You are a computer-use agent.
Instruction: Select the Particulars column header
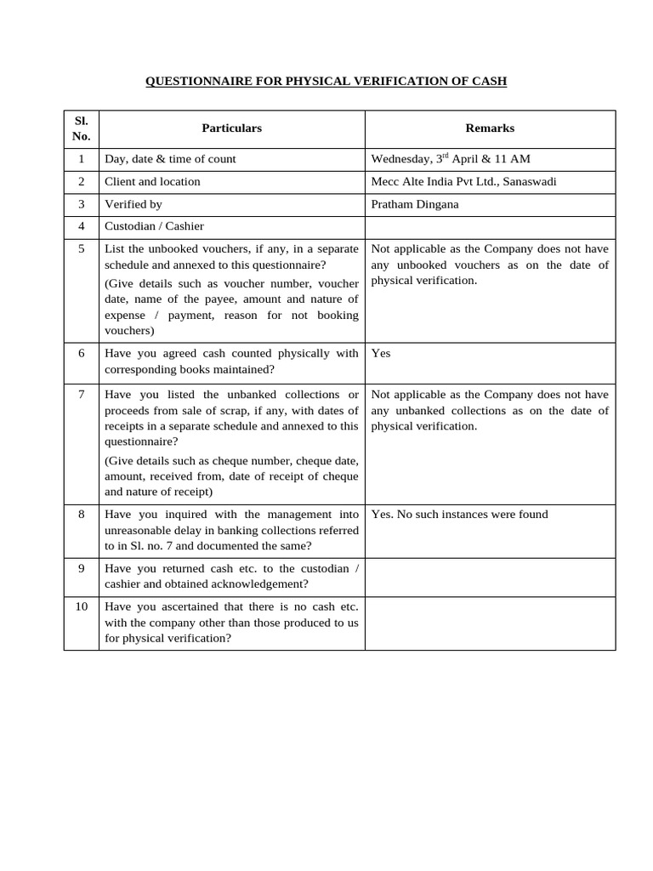click(x=231, y=128)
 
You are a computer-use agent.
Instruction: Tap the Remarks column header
click(x=490, y=128)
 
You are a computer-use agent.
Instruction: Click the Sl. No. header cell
click(x=81, y=128)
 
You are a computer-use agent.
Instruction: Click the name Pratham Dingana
click(x=415, y=205)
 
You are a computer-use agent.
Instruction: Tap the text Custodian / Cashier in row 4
click(x=154, y=227)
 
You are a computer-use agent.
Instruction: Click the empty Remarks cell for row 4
click(x=490, y=227)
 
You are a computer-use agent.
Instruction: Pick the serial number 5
click(x=81, y=249)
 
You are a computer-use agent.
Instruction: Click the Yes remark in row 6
click(x=381, y=353)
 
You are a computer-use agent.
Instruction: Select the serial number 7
click(x=81, y=395)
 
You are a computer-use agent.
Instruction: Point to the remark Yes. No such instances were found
click(x=459, y=515)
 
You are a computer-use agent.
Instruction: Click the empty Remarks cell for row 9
click(x=490, y=577)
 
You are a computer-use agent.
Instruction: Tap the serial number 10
click(x=81, y=606)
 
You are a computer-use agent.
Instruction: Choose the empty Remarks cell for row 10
click(x=490, y=623)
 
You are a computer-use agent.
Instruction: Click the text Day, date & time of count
click(x=170, y=159)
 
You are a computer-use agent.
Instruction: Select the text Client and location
click(x=152, y=182)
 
